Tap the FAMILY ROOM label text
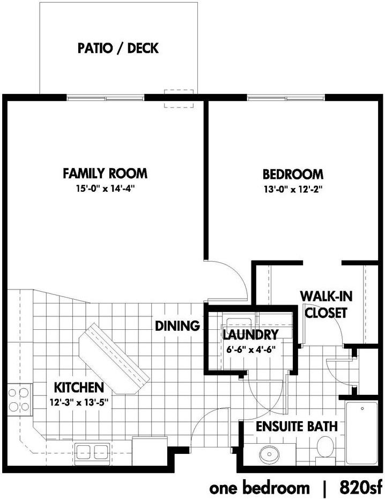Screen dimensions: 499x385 (x=105, y=173)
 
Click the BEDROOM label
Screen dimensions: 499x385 (x=292, y=174)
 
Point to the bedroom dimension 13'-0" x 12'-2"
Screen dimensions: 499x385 (x=292, y=189)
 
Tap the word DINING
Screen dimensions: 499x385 (x=177, y=326)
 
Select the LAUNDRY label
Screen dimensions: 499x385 (x=250, y=336)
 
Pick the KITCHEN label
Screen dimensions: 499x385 (x=78, y=387)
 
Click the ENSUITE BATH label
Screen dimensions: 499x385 (x=296, y=427)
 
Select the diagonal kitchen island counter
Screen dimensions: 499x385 (x=114, y=357)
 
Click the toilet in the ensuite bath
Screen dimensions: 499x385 (x=325, y=447)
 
